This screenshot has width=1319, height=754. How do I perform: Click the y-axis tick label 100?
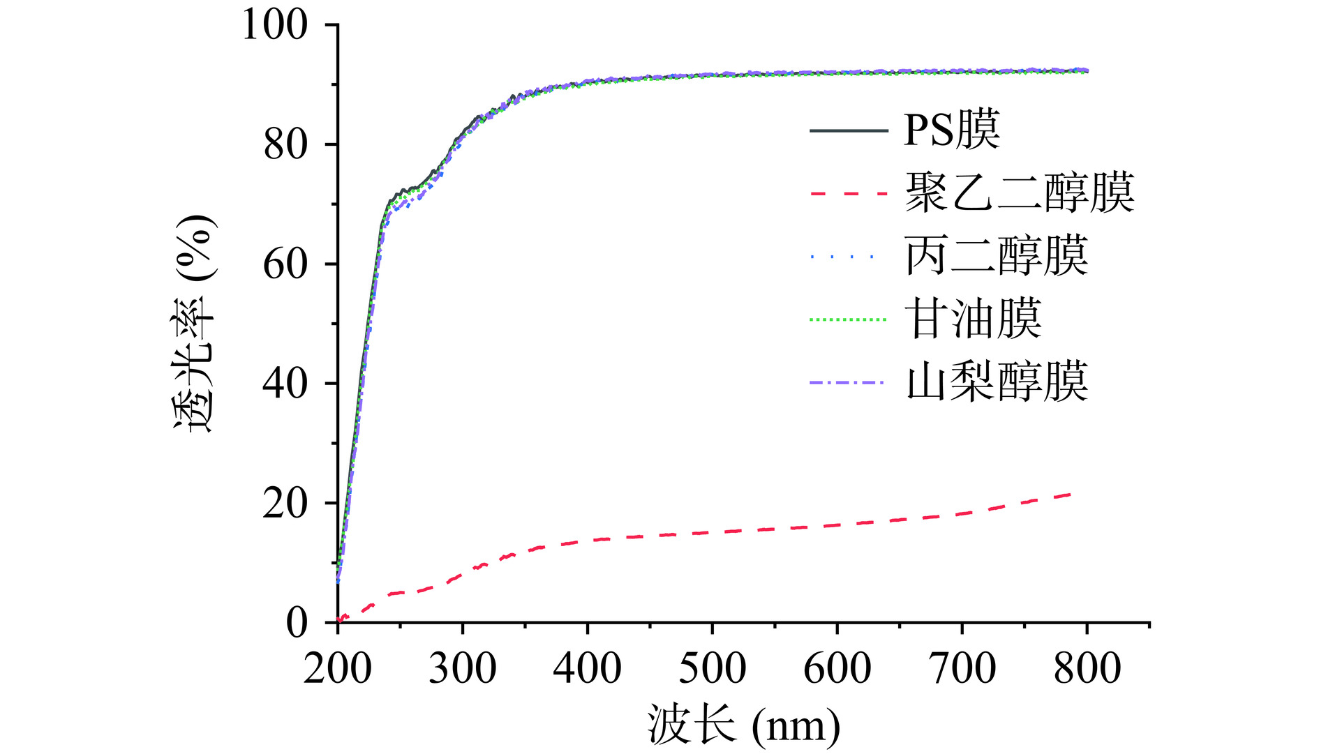274,25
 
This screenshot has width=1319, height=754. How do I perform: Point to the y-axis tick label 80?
285,145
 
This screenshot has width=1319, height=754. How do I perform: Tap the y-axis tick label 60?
285,264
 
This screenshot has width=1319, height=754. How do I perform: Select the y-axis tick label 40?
285,384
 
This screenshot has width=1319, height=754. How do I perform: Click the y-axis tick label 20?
285,504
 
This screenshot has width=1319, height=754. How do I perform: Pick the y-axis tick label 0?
297,623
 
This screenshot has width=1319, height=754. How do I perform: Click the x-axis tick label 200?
338,668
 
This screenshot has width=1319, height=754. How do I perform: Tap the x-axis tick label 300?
463,668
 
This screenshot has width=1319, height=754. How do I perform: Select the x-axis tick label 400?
588,668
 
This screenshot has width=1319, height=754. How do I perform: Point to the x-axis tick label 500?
713,668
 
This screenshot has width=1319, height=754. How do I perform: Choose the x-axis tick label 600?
837,668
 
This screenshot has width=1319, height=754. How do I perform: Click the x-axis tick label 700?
962,668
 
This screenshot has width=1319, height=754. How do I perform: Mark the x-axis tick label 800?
1087,668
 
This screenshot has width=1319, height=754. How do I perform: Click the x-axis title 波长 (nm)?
744,725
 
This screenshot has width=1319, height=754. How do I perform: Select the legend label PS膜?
952,130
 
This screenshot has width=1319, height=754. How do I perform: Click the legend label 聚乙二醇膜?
1020,193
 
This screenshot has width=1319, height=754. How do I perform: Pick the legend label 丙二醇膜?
997,256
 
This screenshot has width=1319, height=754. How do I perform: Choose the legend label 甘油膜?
974,319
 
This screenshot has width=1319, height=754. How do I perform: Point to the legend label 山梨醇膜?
997,382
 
